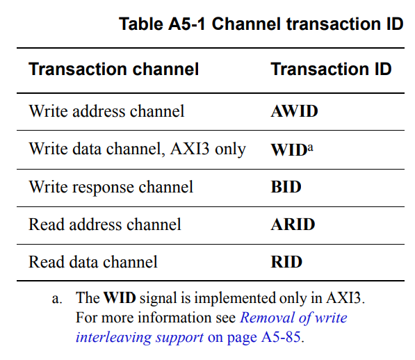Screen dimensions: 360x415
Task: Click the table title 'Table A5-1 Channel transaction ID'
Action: pos(261,24)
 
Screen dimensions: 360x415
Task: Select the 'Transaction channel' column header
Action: pos(114,69)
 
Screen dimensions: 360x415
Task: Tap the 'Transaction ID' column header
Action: pos(331,69)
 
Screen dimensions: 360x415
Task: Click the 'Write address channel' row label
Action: pos(106,111)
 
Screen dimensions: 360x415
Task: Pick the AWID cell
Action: pos(294,111)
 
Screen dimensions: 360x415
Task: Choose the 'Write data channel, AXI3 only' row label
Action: pos(137,149)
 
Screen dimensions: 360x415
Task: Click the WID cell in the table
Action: pos(288,149)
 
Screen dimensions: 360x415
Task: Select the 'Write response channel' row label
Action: pos(111,187)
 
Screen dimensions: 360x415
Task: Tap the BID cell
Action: pos(286,187)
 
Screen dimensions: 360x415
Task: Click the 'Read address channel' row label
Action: pos(105,224)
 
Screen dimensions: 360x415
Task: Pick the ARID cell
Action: pos(293,224)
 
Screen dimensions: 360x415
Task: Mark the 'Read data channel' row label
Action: pos(93,262)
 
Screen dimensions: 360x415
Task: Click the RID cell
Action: pos(286,262)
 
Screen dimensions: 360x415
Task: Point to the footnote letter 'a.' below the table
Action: pos(57,299)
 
